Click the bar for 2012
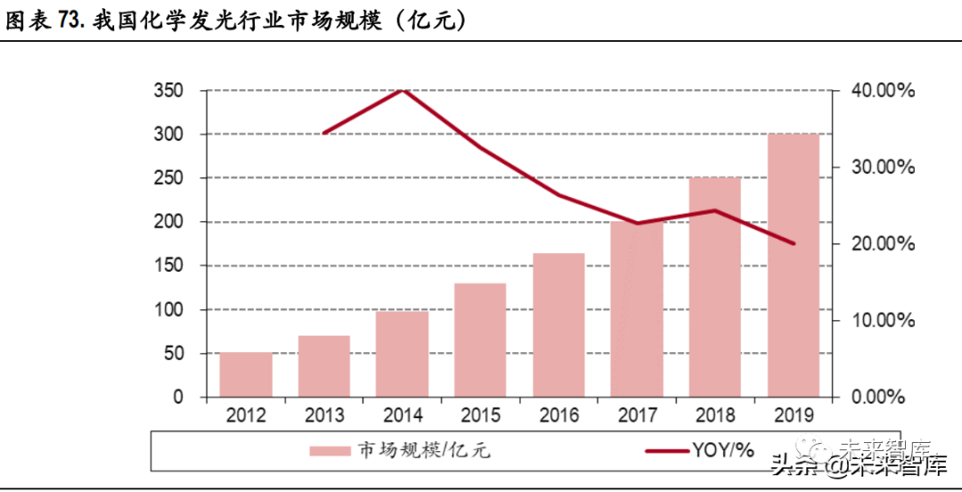pos(246,374)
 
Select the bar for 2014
pos(403,354)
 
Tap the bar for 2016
pos(558,325)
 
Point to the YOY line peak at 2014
pos(403,90)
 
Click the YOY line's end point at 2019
pos(793,243)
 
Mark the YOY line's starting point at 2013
pos(324,133)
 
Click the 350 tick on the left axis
pos(168,91)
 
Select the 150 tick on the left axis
pos(168,266)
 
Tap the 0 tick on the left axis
pos(178,398)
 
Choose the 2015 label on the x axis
pos(481,416)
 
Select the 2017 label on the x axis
pos(637,416)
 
